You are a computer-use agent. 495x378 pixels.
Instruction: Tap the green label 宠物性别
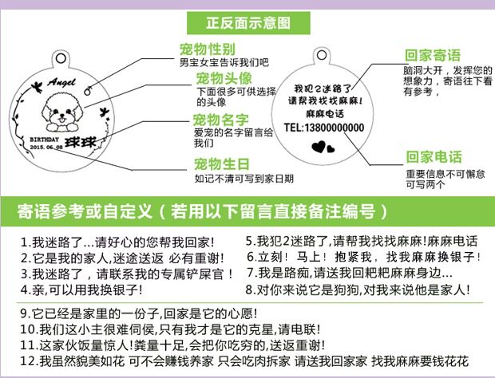coord(208,49)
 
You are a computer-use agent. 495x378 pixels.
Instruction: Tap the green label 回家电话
coord(434,157)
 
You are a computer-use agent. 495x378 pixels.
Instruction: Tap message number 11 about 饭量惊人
coord(172,345)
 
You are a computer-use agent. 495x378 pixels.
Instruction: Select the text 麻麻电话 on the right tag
coord(322,115)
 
